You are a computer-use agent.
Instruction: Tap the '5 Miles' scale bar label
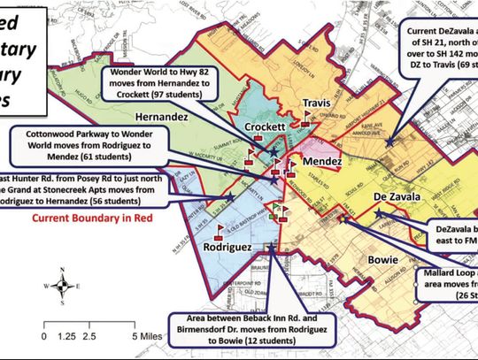152,336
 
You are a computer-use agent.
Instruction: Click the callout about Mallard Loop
446,278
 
